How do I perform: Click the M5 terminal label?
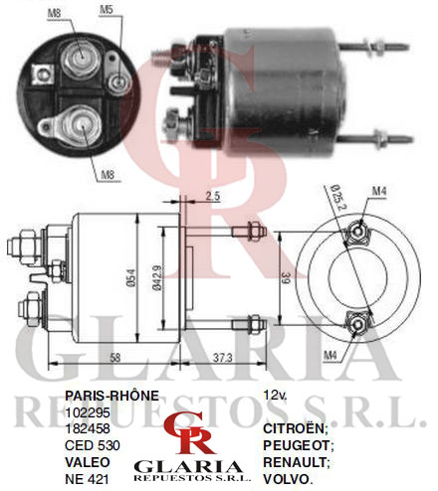(107, 10)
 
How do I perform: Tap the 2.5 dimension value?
(212, 196)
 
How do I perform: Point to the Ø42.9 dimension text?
(157, 278)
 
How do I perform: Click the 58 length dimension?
(114, 358)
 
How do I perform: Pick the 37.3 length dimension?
(223, 358)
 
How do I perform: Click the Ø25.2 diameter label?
(338, 197)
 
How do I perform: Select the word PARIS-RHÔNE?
(111, 396)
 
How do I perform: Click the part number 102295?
(88, 412)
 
